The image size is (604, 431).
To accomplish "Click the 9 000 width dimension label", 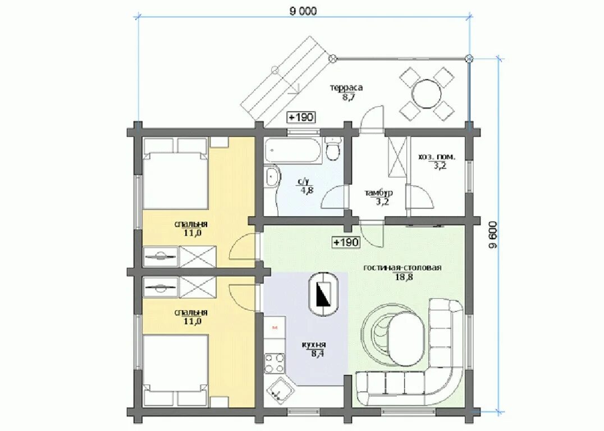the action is [303, 11].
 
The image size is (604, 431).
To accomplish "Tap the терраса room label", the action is [346, 88].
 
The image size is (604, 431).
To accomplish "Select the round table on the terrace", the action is [427, 93].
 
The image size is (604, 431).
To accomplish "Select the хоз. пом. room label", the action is [437, 157].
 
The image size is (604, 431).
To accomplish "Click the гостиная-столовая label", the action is [402, 267].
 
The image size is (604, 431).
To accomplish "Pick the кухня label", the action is [314, 345].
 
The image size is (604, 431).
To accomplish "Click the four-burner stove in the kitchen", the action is [274, 363].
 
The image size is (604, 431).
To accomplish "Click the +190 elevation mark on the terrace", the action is [301, 117].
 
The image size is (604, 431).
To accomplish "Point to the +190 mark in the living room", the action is [346, 242].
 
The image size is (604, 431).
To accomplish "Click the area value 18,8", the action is [403, 277].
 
